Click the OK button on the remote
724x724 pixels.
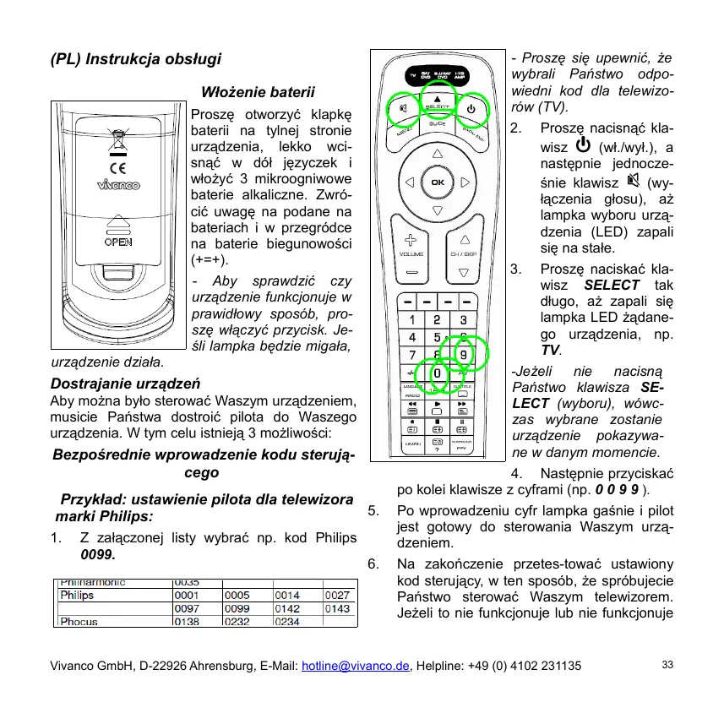click(437, 182)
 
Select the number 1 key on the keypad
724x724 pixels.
click(411, 319)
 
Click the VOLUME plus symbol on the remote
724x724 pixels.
click(411, 240)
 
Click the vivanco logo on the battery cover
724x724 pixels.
click(117, 186)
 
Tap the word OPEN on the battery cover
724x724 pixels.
click(117, 241)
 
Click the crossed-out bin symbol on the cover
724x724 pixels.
click(117, 139)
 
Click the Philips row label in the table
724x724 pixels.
click(76, 595)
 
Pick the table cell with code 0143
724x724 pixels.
click(338, 608)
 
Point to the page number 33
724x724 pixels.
click(667, 666)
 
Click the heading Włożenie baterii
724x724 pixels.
click(259, 91)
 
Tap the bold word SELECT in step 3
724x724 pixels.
click(612, 285)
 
